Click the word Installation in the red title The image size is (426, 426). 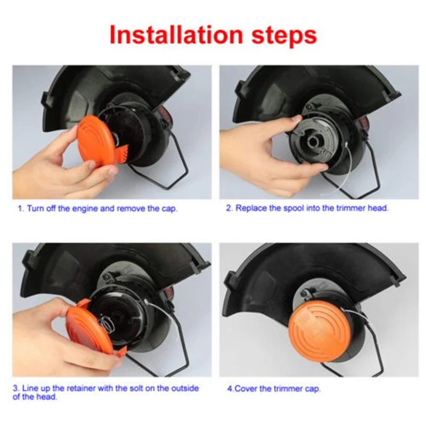point(176,35)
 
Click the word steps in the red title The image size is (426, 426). point(284,36)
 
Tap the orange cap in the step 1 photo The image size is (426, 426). point(100,141)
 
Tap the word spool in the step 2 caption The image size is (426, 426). point(294,208)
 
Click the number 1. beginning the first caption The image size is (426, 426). point(21,209)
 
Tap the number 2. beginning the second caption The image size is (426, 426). point(230,208)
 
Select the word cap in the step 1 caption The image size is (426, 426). point(169,209)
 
